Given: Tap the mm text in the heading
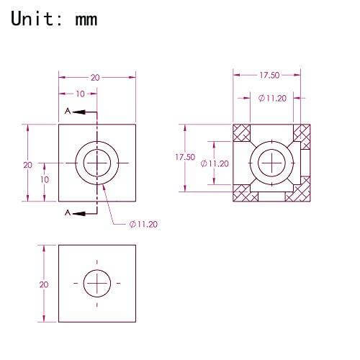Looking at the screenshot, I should pyautogui.click(x=86, y=19).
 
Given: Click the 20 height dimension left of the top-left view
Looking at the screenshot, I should pyautogui.click(x=27, y=164).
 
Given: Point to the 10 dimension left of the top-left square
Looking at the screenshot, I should pyautogui.click(x=44, y=179).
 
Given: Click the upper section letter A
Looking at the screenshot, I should pyautogui.click(x=68, y=112).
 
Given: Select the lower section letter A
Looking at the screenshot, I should pyautogui.click(x=68, y=212).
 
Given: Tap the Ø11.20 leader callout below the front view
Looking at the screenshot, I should pyautogui.click(x=143, y=224).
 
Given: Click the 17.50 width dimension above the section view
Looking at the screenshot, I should pyautogui.click(x=269, y=75).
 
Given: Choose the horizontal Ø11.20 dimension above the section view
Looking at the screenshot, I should pyautogui.click(x=271, y=99).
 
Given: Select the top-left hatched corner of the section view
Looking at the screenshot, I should pyautogui.click(x=243, y=132).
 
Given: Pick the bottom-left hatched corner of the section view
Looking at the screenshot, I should pyautogui.click(x=244, y=193).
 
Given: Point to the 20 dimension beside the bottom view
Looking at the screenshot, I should pyautogui.click(x=44, y=284).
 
